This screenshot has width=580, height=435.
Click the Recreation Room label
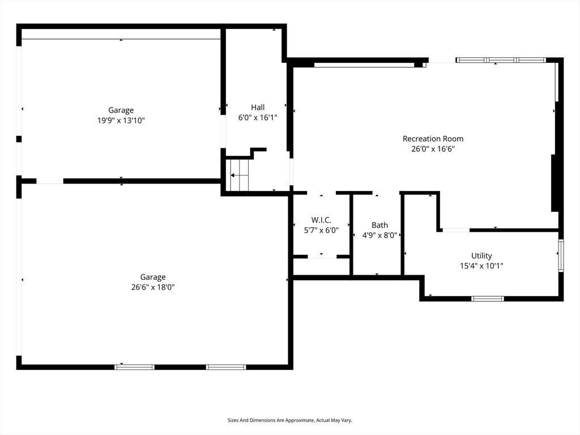pyautogui.click(x=433, y=139)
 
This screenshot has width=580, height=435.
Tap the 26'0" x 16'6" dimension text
pyautogui.click(x=433, y=149)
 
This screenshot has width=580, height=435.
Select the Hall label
pyautogui.click(x=258, y=107)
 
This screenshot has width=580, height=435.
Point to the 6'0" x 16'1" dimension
pyautogui.click(x=258, y=118)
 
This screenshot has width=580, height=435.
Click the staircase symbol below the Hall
pyautogui.click(x=240, y=176)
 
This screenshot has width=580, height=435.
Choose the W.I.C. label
pyautogui.click(x=321, y=220)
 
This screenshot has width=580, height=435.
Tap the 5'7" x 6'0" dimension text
pyautogui.click(x=321, y=230)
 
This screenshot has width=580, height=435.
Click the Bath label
pyautogui.click(x=379, y=225)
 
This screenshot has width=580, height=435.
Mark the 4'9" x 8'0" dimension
pyautogui.click(x=379, y=235)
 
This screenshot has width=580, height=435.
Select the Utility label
pyautogui.click(x=481, y=255)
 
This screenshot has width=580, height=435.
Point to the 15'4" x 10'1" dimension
pyautogui.click(x=481, y=266)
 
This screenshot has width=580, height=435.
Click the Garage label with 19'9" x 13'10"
pyautogui.click(x=121, y=110)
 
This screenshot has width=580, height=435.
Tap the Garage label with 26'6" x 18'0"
pyautogui.click(x=153, y=277)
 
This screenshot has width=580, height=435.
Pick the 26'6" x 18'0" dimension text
pyautogui.click(x=153, y=287)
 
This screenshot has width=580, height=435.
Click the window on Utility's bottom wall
pyautogui.click(x=488, y=298)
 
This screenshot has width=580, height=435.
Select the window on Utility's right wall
pyautogui.click(x=561, y=256)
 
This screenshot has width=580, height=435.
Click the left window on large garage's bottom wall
pyautogui.click(x=134, y=367)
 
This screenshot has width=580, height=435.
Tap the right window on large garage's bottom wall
pyautogui.click(x=226, y=367)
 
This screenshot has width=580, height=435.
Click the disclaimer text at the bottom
pyautogui.click(x=289, y=420)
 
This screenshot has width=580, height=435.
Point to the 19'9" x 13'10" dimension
pyautogui.click(x=121, y=121)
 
